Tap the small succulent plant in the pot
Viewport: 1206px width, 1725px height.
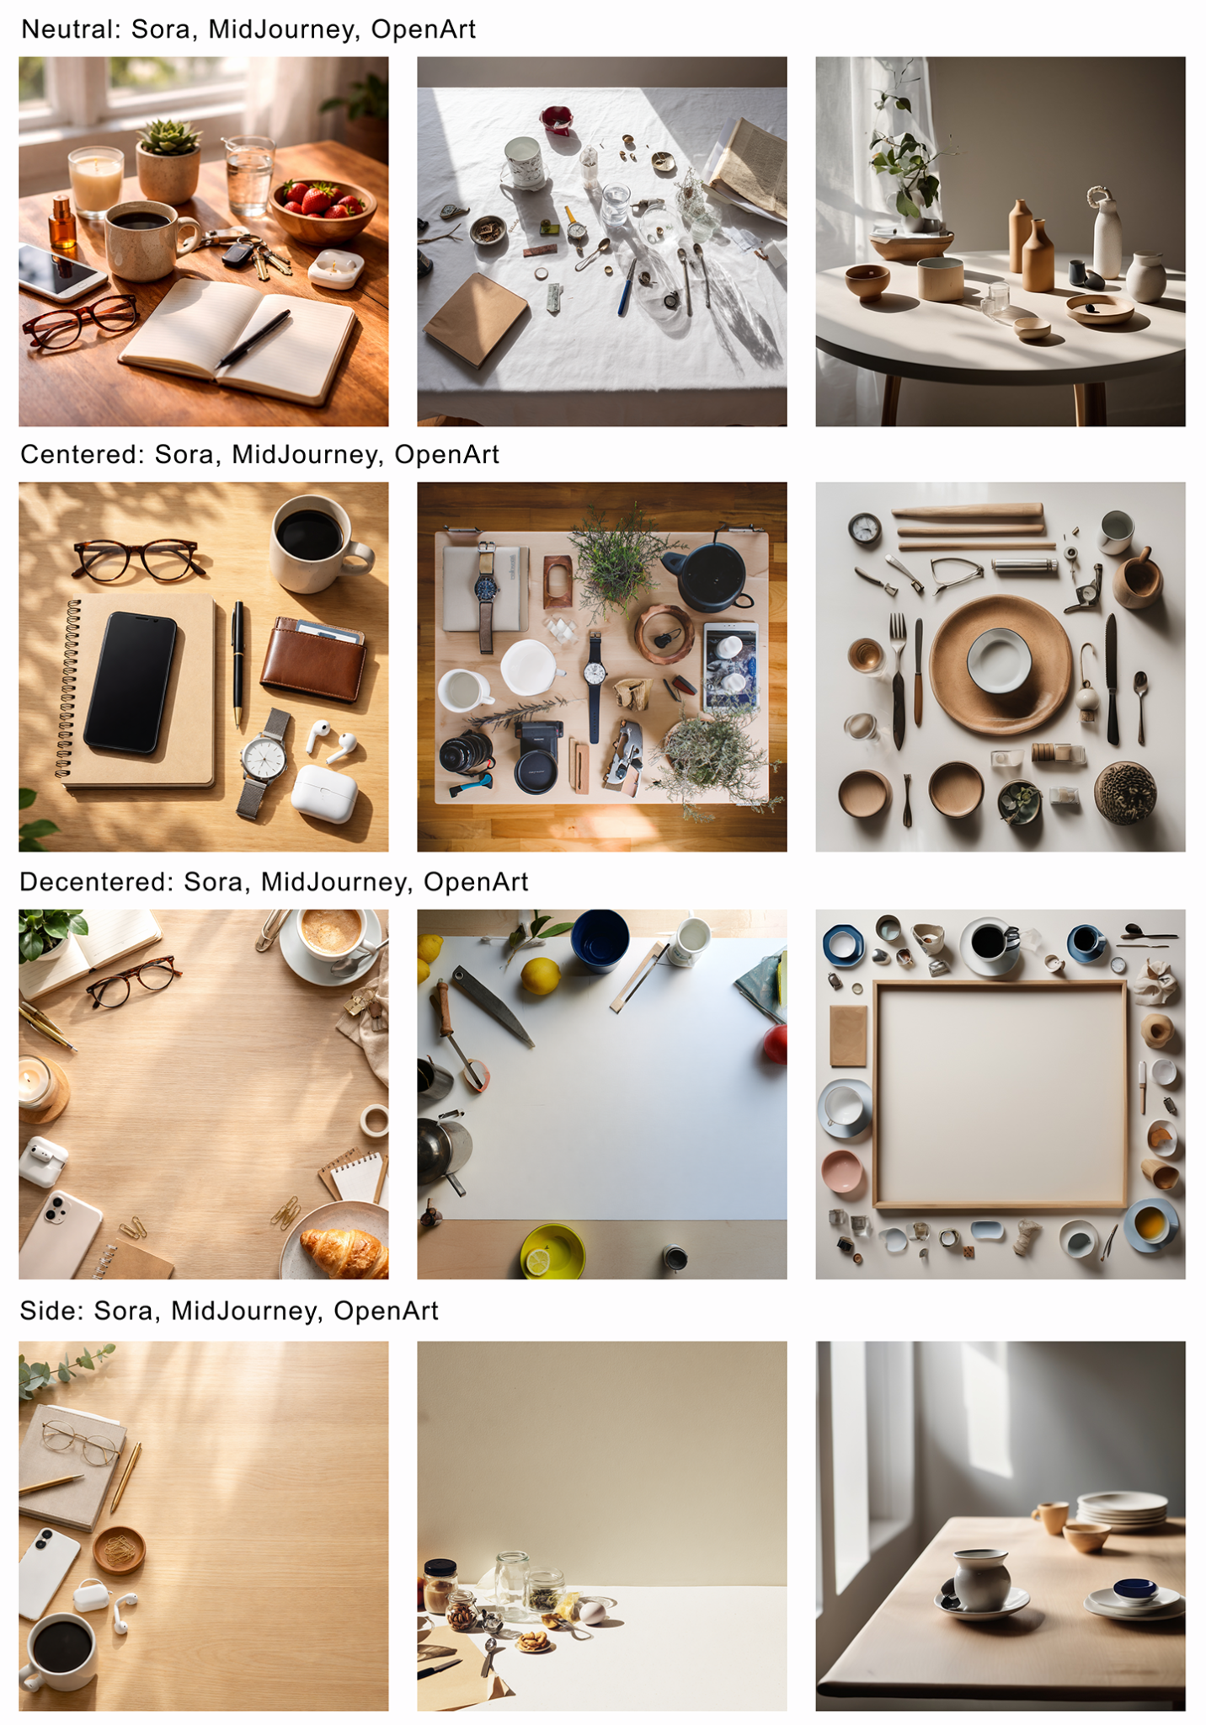tap(169, 137)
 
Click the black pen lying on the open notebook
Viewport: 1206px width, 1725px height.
tap(253, 339)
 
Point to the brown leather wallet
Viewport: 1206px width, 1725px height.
tap(313, 660)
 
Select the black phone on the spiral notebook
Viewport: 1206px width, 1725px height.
tap(131, 681)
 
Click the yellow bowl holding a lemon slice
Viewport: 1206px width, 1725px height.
tap(552, 1252)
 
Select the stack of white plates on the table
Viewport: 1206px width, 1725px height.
tap(1123, 1509)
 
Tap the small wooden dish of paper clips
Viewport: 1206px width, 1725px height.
tap(119, 1549)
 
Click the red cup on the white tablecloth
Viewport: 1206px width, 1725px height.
tap(557, 119)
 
